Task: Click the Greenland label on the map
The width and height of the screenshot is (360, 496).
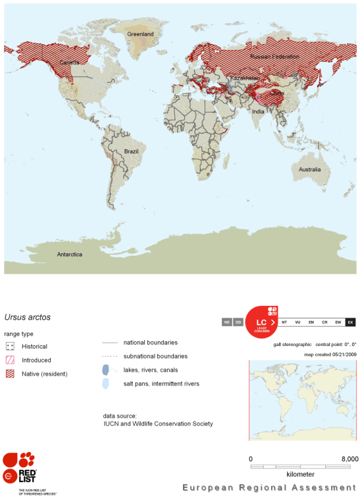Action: pos(140,34)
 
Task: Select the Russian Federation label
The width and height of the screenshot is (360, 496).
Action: pos(273,57)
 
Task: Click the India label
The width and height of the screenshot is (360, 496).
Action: pos(258,111)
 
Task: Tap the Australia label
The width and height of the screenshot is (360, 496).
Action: pos(309,170)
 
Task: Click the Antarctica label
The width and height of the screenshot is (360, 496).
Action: pos(69,254)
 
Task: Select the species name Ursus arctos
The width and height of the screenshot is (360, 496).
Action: pos(27,317)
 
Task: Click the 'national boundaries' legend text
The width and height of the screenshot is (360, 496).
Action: pos(150,342)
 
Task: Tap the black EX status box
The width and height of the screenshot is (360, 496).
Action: pos(350,322)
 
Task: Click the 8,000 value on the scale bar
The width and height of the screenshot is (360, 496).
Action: pos(349,459)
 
